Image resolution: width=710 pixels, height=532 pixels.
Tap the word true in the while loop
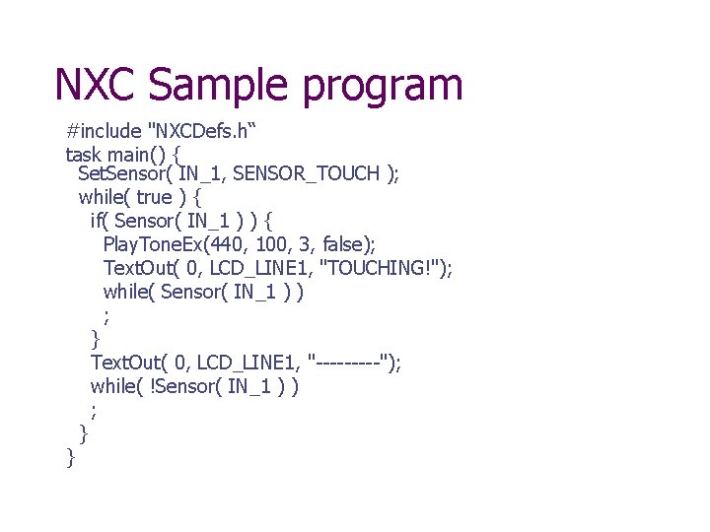[155, 197]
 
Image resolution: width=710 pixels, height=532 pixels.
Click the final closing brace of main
[70, 456]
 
